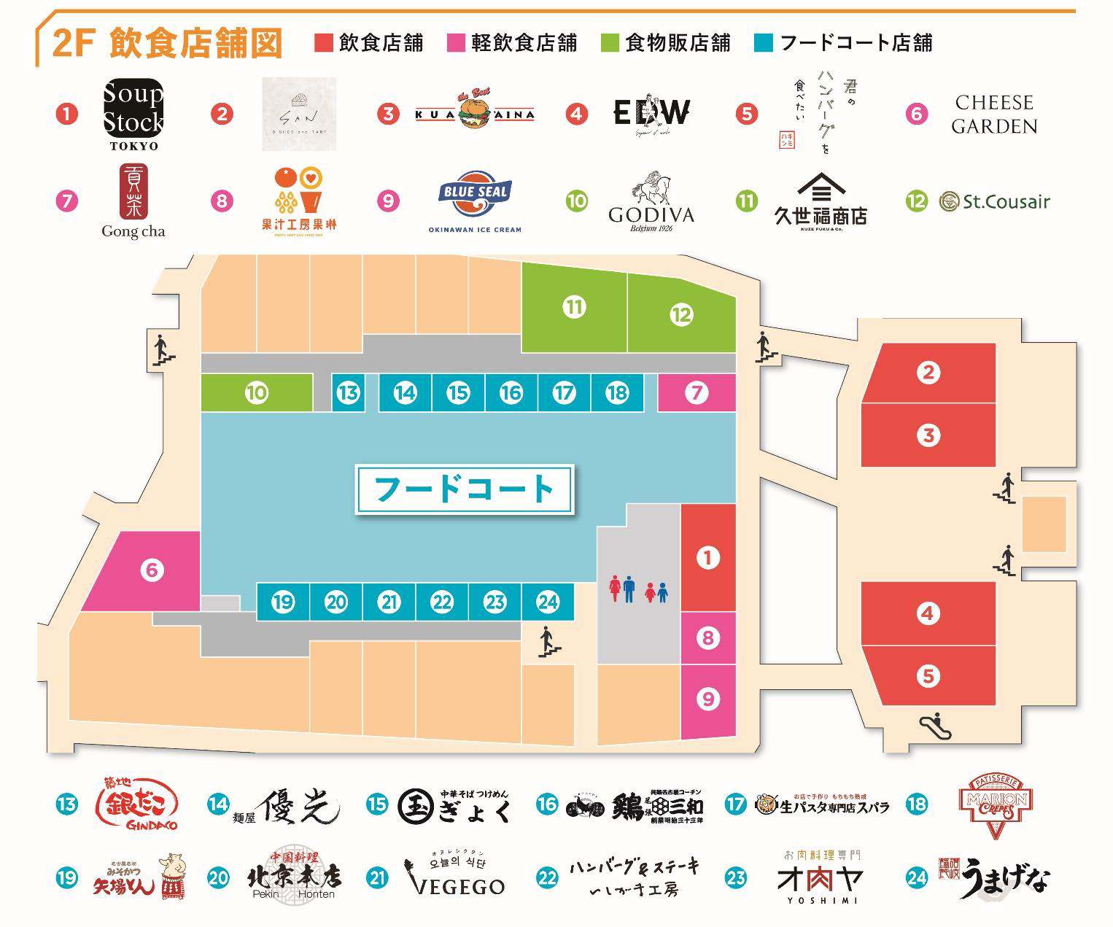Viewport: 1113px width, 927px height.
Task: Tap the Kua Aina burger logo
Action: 475,113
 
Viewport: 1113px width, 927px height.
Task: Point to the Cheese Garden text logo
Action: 993,114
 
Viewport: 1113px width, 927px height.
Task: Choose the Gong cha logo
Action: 133,201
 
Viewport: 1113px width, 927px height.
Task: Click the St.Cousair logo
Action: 995,201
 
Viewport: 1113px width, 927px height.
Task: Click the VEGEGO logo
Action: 454,877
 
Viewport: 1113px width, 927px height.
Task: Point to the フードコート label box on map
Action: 465,489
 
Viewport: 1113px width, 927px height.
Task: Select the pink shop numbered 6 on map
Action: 152,570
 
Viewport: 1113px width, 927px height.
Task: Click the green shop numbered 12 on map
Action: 681,315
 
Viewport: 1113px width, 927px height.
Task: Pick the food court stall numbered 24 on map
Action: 548,602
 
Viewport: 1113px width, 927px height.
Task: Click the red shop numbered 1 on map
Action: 707,558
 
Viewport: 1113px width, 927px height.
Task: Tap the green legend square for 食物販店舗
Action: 610,43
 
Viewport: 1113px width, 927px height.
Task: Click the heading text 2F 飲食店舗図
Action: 167,44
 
